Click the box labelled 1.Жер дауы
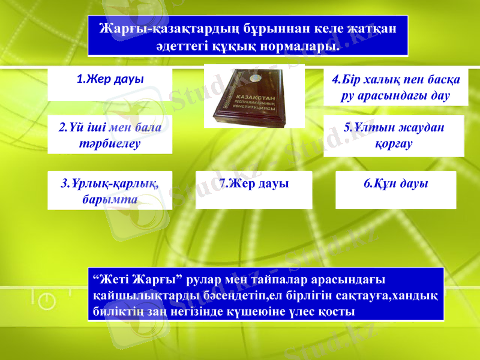[x=110, y=83]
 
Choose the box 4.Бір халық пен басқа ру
[x=395, y=88]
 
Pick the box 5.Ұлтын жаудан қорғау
[x=394, y=136]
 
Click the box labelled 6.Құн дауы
[x=395, y=190]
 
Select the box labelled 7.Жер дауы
[x=254, y=190]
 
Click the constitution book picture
[x=254, y=96]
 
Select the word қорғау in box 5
[x=394, y=144]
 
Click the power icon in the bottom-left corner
[x=47, y=302]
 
